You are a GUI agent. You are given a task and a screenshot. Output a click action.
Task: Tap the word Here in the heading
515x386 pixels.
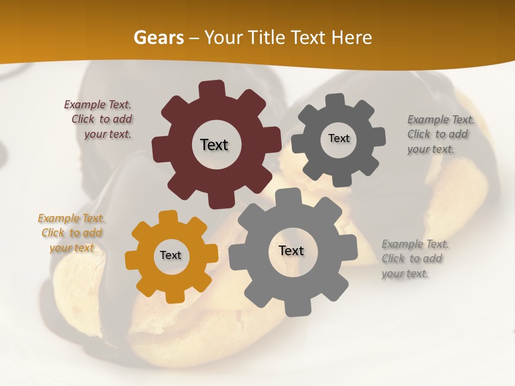(x=352, y=38)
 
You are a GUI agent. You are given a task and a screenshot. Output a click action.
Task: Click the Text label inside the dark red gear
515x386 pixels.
(x=214, y=145)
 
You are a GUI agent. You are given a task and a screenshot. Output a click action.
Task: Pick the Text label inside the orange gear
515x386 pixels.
(x=171, y=256)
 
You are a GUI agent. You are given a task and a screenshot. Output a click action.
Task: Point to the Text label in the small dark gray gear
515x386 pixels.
(x=339, y=138)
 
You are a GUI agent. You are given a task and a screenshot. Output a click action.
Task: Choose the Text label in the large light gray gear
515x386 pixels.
(x=291, y=250)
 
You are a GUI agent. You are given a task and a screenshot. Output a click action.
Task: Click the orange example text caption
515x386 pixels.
(x=72, y=233)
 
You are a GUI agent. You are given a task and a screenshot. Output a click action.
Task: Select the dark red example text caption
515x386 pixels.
(x=99, y=120)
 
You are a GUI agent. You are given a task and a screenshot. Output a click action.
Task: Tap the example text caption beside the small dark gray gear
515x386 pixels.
(x=441, y=135)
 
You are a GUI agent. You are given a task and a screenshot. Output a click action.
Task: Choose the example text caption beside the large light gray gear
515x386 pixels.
(x=415, y=259)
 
